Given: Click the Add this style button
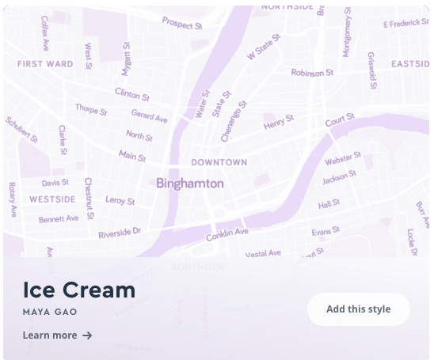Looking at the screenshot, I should coord(358,309).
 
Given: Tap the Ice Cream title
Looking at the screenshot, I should coord(79,290).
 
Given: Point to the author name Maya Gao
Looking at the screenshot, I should coord(50,313).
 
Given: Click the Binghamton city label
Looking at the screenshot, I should coord(190,184).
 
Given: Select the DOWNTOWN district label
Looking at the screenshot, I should coord(219,162).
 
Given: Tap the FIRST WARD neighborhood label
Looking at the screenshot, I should coord(45,64).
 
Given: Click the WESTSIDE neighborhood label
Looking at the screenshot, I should coord(52,199).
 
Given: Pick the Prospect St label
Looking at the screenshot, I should coord(182,25).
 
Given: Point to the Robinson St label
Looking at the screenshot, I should coord(313,73).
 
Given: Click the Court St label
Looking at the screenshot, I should coord(340,121).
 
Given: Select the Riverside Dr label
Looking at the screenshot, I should coord(119,233).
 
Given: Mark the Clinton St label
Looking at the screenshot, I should coord(131,94).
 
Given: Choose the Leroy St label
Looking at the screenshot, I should coord(120,200).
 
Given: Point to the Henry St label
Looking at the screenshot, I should coord(279,123).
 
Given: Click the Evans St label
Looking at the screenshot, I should coord(325,231).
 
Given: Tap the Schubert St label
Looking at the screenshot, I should coord(21,130).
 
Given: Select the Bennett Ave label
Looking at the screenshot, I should coord(59,218).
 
